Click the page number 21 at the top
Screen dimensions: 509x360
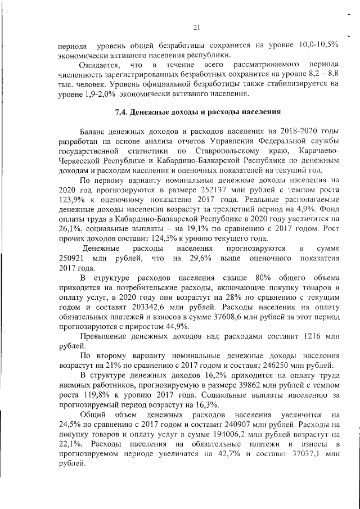point(197,26)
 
